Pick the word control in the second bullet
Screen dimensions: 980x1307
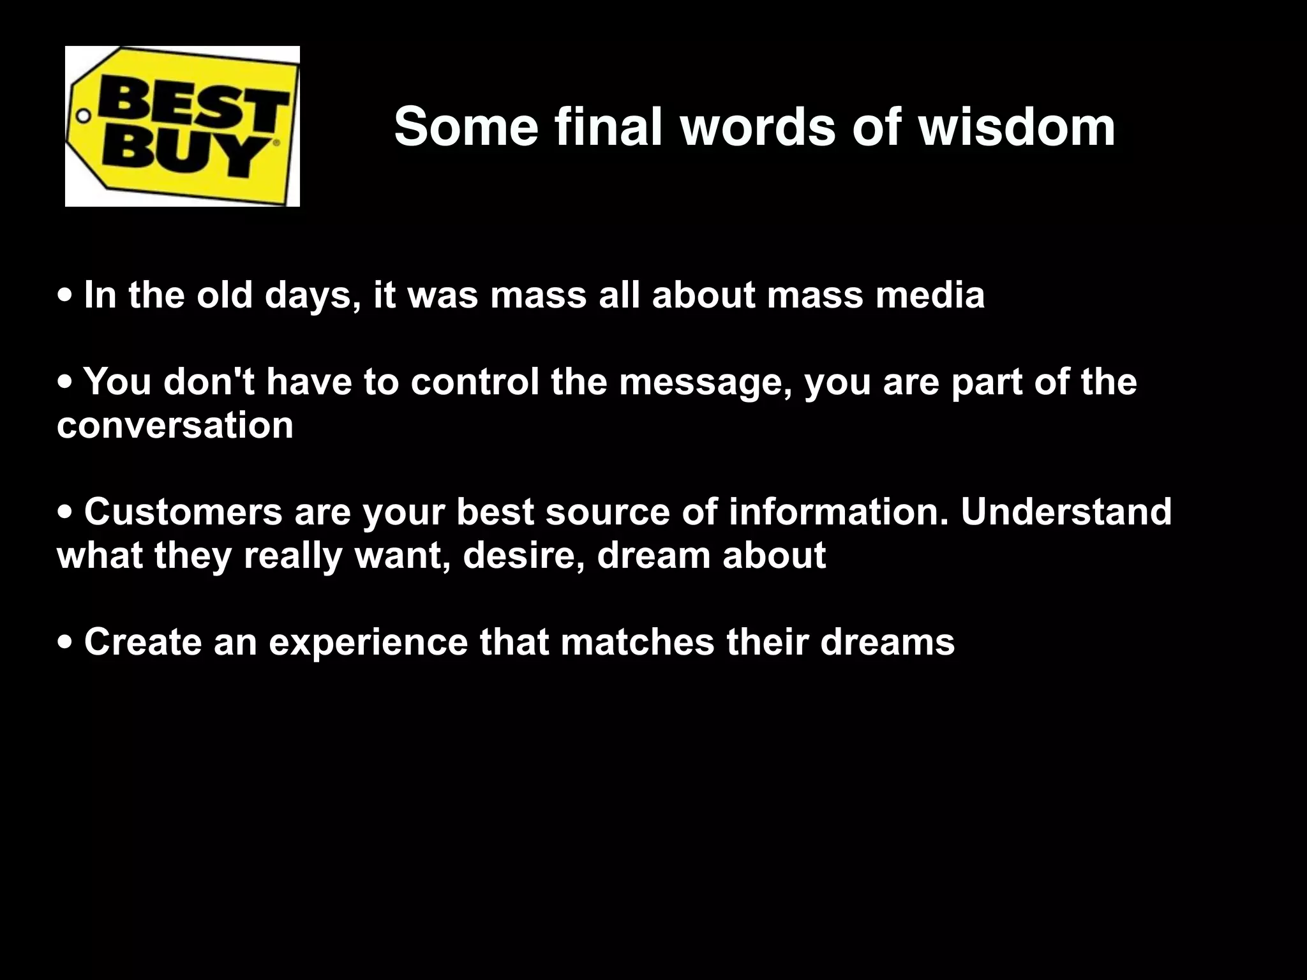point(475,382)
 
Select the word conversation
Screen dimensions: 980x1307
point(176,426)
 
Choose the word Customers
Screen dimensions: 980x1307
point(183,512)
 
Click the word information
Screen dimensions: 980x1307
point(839,512)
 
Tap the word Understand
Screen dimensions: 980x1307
point(1066,512)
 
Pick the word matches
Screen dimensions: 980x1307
point(638,642)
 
